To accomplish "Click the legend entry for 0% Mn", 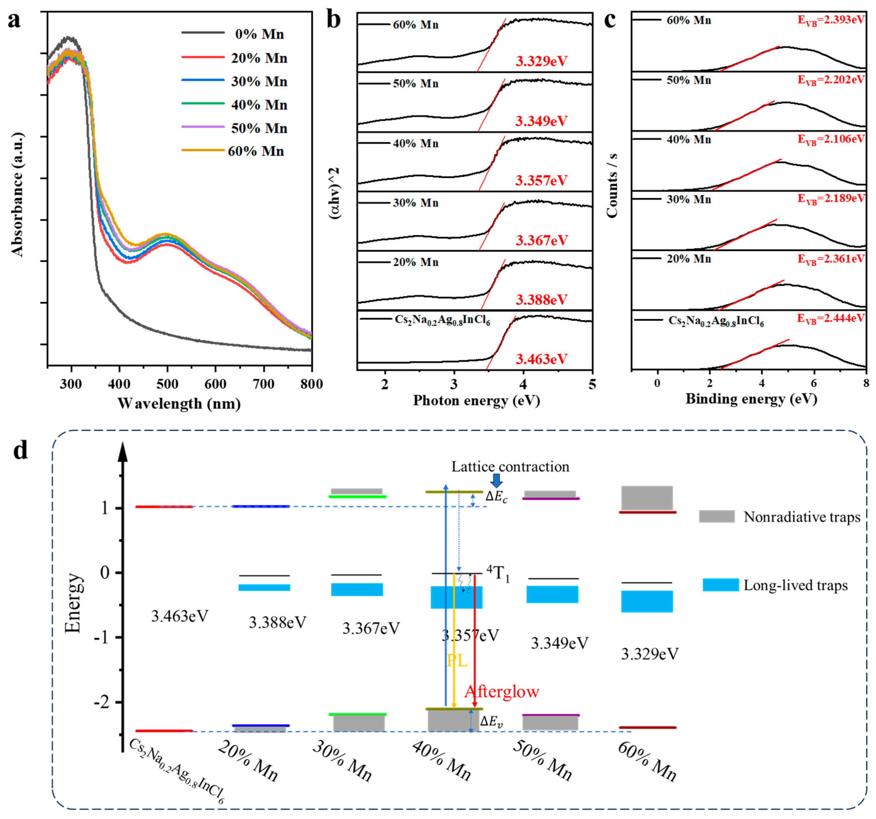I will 259,34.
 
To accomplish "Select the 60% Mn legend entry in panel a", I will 256,151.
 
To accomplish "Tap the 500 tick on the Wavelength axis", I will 168,384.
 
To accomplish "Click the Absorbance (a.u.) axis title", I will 18,194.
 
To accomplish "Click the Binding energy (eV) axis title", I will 751,399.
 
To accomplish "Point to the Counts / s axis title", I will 612,185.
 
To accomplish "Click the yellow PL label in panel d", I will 457,661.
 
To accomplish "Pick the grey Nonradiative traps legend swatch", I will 717,516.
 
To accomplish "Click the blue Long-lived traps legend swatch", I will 720,585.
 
